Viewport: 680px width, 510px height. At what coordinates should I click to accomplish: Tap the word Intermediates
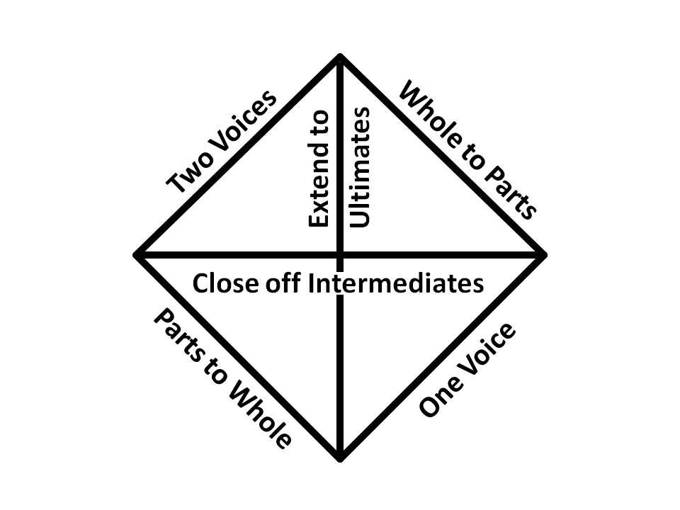tap(397, 283)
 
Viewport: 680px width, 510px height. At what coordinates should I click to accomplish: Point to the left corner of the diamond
tap(137, 254)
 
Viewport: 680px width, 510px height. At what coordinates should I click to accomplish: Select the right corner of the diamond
tap(544, 254)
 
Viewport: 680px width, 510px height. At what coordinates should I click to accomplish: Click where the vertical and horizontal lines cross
tap(341, 254)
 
